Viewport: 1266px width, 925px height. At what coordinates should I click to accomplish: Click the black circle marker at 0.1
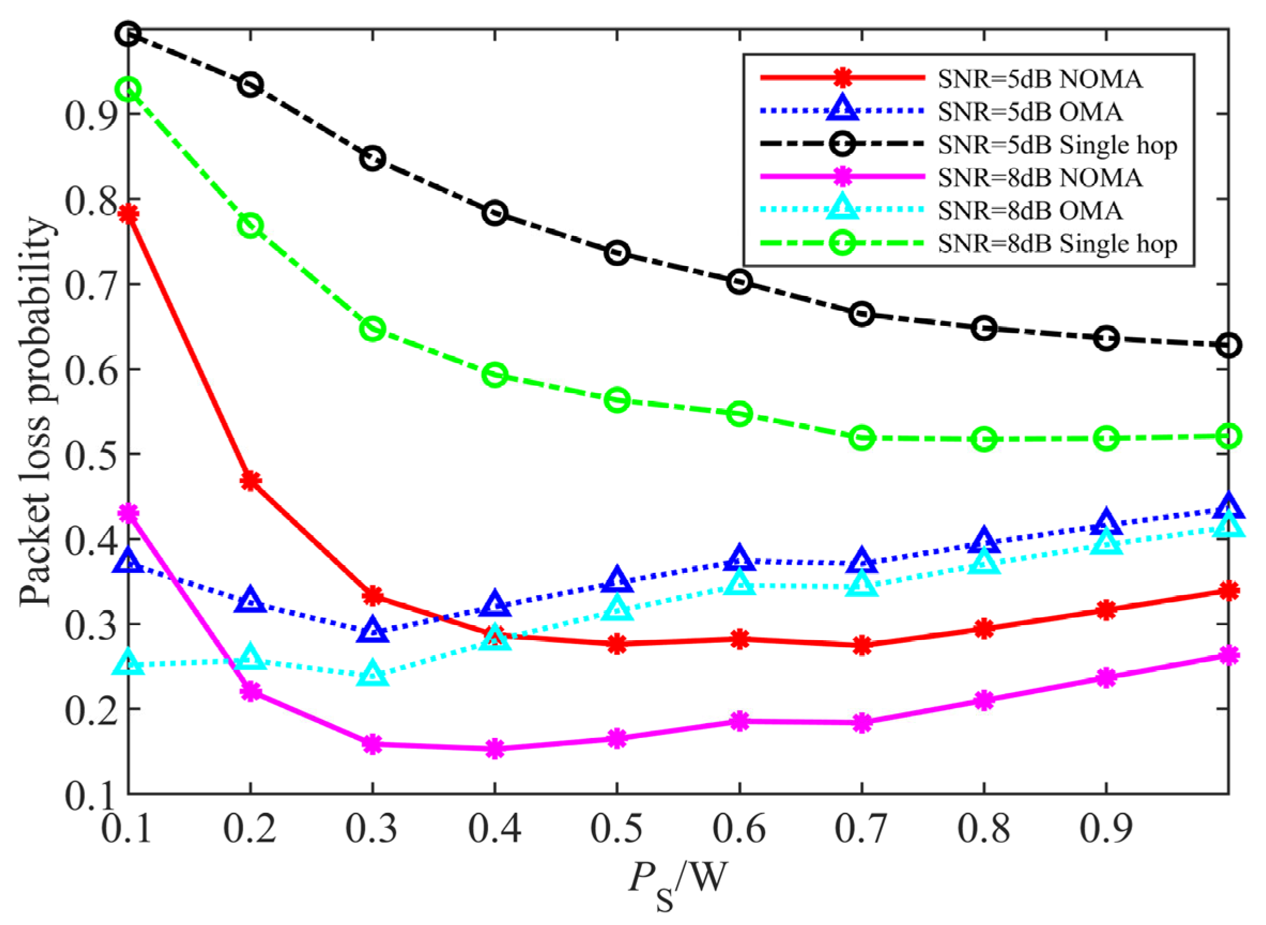coord(128,34)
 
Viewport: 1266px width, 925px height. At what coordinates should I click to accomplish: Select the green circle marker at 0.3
coord(373,329)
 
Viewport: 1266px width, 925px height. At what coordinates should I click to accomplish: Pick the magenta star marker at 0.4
coord(495,749)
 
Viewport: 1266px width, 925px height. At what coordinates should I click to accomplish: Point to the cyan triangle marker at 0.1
coord(128,664)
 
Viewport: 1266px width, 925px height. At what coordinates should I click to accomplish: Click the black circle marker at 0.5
coord(617,253)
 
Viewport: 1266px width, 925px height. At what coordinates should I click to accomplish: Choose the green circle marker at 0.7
coord(861,438)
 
